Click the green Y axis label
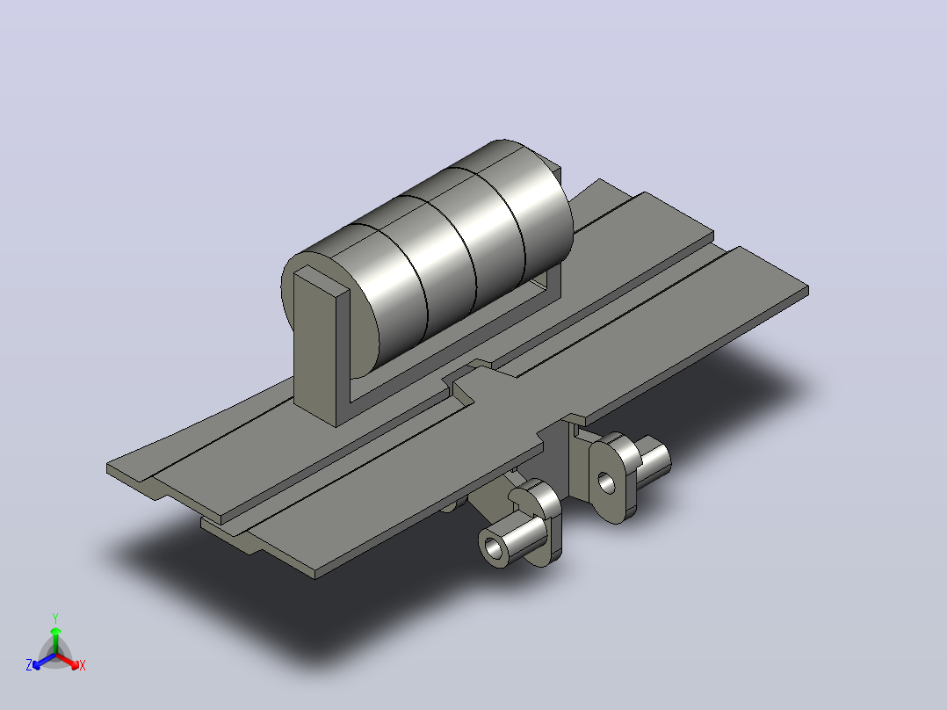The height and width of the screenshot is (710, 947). click(x=55, y=618)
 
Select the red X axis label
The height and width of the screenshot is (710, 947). click(x=83, y=665)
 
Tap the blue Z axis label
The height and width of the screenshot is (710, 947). click(x=29, y=664)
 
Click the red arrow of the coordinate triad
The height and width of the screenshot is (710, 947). click(x=68, y=661)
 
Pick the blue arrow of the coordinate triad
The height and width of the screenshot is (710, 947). click(x=44, y=661)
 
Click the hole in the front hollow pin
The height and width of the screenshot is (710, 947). click(x=494, y=549)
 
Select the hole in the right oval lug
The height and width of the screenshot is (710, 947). click(x=606, y=482)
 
